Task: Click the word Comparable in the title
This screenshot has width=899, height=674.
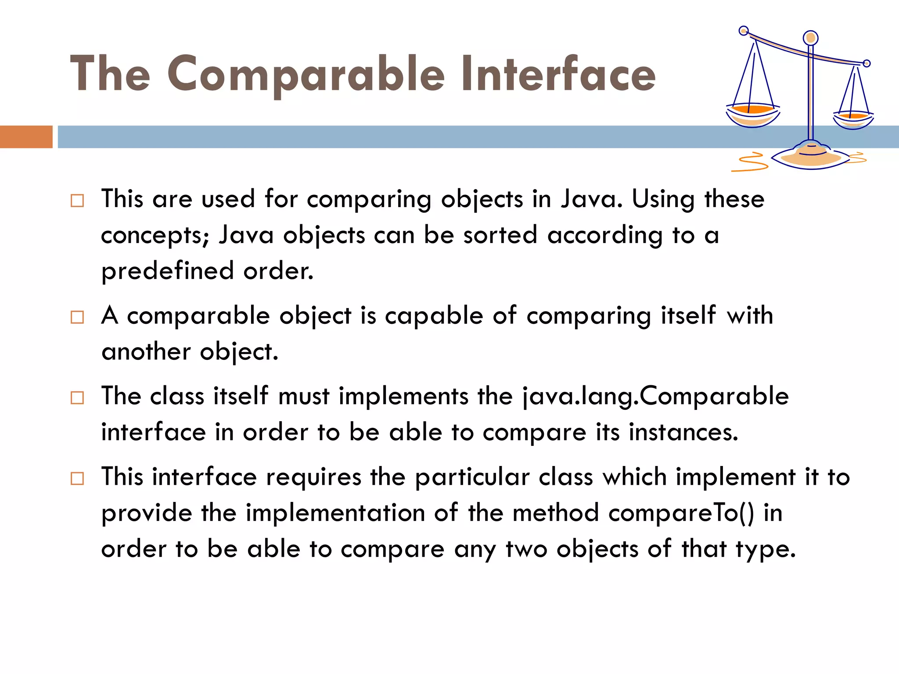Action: coord(306,75)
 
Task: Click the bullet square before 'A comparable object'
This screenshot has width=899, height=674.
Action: coord(77,317)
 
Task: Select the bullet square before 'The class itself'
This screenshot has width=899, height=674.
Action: coord(77,398)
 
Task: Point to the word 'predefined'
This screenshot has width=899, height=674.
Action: coord(167,271)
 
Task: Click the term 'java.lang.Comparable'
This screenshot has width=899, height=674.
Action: coord(656,396)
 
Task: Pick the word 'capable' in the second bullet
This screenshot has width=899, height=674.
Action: coord(434,316)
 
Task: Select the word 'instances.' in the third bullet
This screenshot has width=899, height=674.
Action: coord(683,432)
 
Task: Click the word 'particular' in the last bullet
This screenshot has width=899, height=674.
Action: coord(472,477)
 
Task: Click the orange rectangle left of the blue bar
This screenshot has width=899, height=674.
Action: coord(26,137)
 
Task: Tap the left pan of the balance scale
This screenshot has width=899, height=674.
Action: coord(752,114)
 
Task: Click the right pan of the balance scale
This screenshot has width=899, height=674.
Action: coord(853,119)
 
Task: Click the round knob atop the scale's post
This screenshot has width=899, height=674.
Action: coord(810,38)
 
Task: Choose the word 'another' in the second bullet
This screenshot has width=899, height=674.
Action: coord(146,352)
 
